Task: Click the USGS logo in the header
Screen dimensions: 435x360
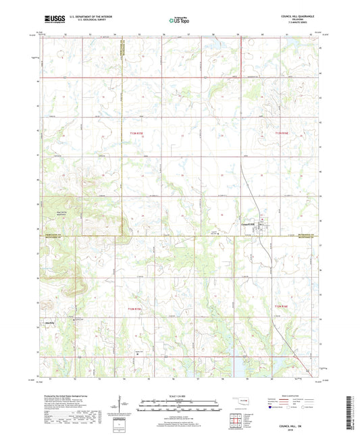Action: pyautogui.click(x=49, y=20)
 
